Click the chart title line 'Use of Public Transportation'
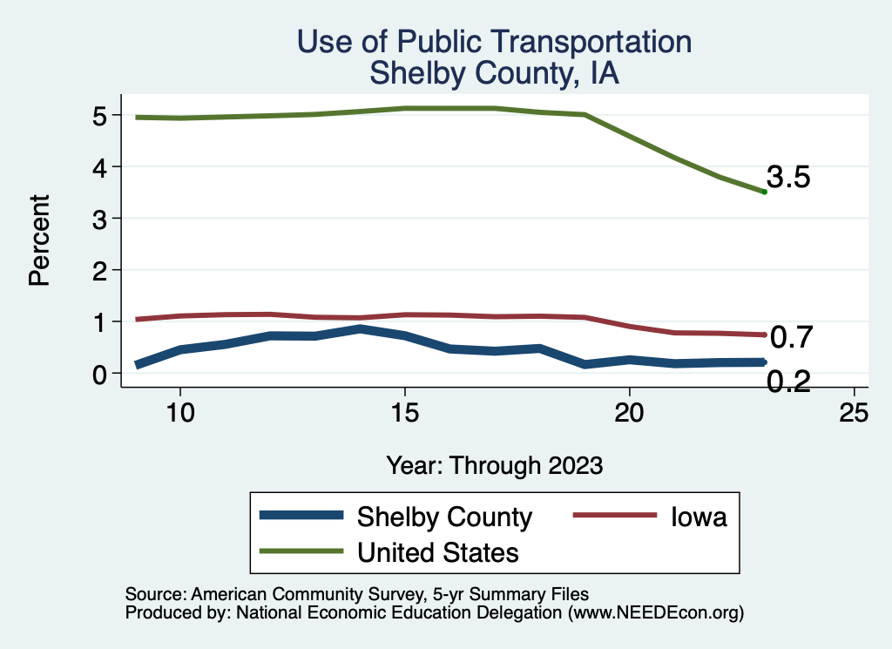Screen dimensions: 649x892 coord(494,43)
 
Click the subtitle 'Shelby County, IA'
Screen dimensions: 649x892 coord(494,73)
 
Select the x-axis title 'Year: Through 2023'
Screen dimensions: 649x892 coord(494,465)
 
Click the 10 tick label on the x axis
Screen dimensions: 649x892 coord(179,413)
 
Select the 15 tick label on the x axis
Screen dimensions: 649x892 coord(404,413)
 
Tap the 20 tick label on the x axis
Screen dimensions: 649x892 coord(629,413)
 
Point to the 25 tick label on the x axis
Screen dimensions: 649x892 coord(854,413)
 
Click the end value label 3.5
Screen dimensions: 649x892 coord(788,178)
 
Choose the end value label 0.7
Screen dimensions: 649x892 coord(792,336)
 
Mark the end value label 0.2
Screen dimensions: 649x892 coord(788,381)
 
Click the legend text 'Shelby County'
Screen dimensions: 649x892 coord(444,517)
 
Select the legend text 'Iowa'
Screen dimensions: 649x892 coord(698,517)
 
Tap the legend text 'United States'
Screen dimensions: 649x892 coord(438,551)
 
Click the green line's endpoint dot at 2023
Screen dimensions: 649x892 coord(764,192)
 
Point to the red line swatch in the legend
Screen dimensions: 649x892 coord(613,516)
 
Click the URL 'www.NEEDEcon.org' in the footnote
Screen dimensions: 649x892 coord(654,613)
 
